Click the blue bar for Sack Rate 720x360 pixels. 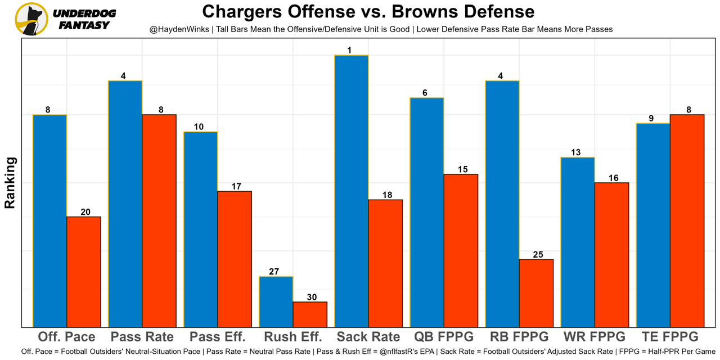point(352,191)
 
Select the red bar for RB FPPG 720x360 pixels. point(536,293)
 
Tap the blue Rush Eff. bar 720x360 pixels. point(276,301)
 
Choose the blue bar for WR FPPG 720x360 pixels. point(578,242)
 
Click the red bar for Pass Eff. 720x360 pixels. point(235,259)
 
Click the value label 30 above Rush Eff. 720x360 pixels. point(310,297)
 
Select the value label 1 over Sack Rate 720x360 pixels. point(350,51)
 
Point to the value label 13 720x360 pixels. point(575,152)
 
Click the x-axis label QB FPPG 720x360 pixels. point(444,337)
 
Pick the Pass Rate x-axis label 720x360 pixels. point(142,337)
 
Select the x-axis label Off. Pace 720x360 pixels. point(66,337)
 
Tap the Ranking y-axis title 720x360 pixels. point(10,183)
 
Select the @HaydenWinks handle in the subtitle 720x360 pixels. point(177,29)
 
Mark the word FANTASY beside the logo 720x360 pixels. point(84,25)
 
